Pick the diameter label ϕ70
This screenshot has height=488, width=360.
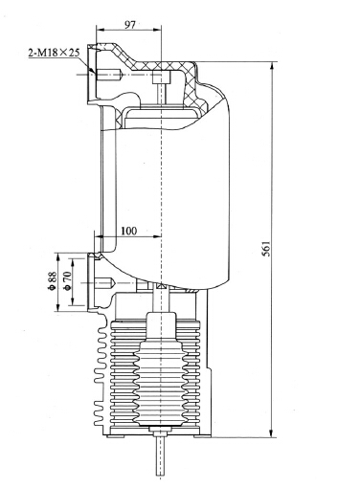click(x=67, y=279)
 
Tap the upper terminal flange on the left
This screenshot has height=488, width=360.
click(x=91, y=75)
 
